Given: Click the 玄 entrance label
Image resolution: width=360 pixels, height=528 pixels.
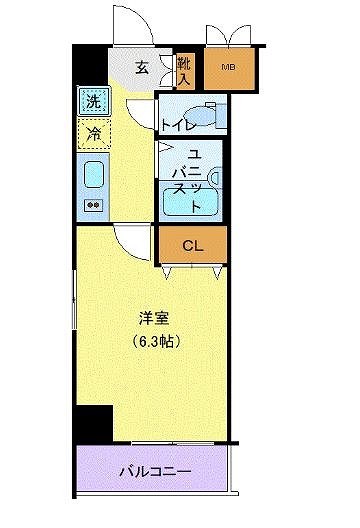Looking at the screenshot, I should (x=142, y=68).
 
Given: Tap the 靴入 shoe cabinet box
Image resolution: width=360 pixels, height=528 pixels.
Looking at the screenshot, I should (x=185, y=68).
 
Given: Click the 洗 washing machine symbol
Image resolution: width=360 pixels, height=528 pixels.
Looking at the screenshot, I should (x=93, y=100).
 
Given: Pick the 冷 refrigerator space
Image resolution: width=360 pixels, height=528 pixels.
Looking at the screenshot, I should (x=93, y=132).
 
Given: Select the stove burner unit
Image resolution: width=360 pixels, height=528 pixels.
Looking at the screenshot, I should (x=93, y=205).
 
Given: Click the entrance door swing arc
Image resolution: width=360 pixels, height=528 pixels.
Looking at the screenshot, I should (x=134, y=22).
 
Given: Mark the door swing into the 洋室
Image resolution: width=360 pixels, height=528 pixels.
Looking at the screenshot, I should (x=130, y=240).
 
